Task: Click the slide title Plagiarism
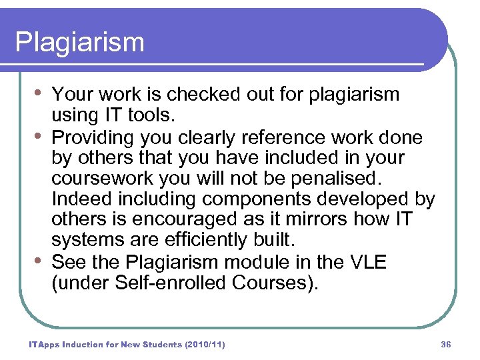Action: pyautogui.click(x=79, y=43)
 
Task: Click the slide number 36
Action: pyautogui.click(x=446, y=345)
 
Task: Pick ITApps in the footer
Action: pyautogui.click(x=43, y=345)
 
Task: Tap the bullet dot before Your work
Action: pyautogui.click(x=39, y=93)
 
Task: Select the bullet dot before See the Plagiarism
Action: pyautogui.click(x=39, y=260)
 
